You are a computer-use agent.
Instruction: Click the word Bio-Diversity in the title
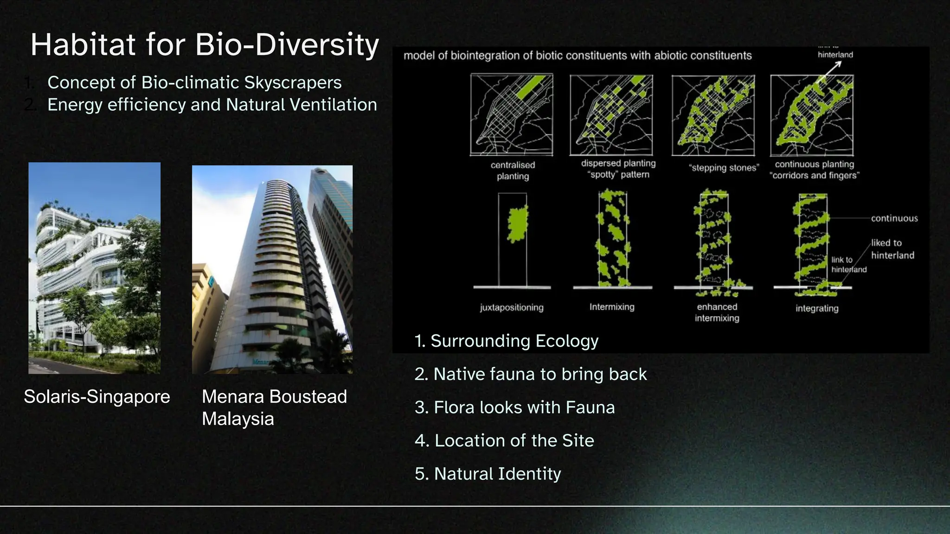point(287,45)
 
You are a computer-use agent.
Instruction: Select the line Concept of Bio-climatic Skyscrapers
point(194,83)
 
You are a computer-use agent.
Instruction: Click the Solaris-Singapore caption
point(97,397)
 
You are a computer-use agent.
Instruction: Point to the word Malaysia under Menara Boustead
point(238,419)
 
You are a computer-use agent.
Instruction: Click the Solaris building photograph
point(94,268)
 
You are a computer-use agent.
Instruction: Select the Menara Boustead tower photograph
point(272,269)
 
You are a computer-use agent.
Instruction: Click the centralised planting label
point(513,171)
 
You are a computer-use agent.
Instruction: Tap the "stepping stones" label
point(724,168)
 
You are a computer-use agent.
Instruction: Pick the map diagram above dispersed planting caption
point(611,114)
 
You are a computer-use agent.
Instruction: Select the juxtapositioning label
point(512,307)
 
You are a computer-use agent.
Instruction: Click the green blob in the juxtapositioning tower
point(517,224)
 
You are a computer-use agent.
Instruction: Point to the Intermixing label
point(612,307)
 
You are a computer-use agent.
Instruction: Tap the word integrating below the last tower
point(817,308)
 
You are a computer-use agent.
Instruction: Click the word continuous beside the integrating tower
point(894,218)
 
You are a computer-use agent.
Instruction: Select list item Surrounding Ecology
point(507,341)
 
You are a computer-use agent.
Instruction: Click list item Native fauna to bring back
point(531,374)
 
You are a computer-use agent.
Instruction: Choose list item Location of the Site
point(504,440)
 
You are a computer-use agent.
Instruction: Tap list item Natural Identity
point(488,474)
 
